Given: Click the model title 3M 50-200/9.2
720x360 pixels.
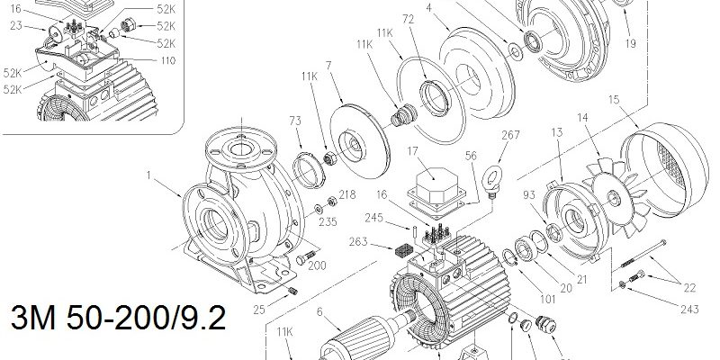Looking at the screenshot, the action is click(x=118, y=318).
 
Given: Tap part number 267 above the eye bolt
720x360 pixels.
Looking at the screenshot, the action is click(x=510, y=134).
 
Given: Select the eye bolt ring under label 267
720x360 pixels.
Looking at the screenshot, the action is click(x=491, y=177).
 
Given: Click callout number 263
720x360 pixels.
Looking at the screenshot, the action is click(x=358, y=241).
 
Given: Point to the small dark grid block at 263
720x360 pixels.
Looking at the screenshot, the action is click(x=403, y=250).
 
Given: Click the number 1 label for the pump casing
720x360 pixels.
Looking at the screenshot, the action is click(x=148, y=175).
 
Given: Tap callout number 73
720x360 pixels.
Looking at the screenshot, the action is click(x=295, y=121).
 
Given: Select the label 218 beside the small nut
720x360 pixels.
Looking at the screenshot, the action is click(x=346, y=194).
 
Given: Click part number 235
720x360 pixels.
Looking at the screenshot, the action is click(x=328, y=222).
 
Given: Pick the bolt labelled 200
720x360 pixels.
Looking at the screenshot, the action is click(x=306, y=257).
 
